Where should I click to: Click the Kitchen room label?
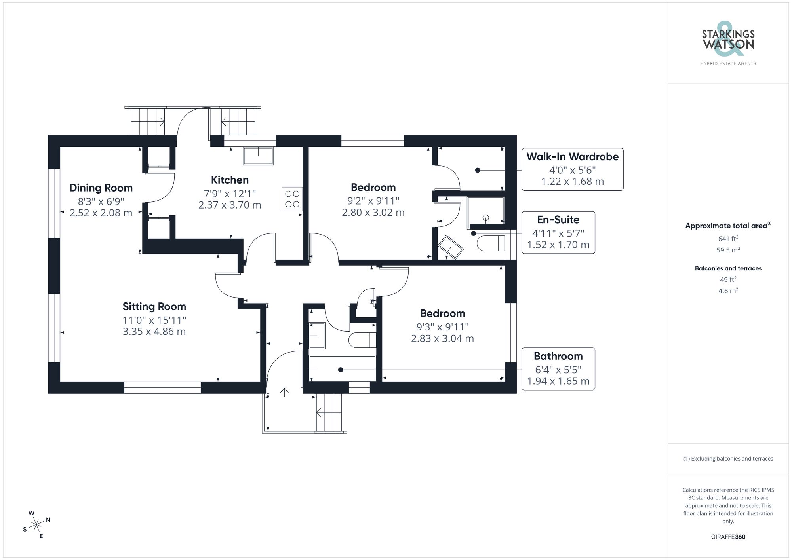[230, 180]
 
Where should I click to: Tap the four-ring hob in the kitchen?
[292, 199]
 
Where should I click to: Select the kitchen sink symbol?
[258, 156]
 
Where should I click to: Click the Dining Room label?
[101, 188]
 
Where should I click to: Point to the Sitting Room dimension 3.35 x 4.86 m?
[154, 332]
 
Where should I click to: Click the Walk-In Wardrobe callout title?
[572, 157]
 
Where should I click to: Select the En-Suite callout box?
[558, 232]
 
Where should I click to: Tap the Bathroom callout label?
[558, 356]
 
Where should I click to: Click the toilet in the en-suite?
[491, 243]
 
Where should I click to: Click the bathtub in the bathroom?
[342, 368]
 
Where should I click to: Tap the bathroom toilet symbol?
[362, 340]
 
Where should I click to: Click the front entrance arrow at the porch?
[284, 392]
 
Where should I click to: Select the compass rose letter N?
[48, 520]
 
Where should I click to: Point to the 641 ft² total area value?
[728, 239]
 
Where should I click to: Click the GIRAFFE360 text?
[728, 537]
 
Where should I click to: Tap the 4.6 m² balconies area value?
[728, 291]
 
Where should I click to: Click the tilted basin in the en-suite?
[451, 247]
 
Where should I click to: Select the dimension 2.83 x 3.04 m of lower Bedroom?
[442, 339]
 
